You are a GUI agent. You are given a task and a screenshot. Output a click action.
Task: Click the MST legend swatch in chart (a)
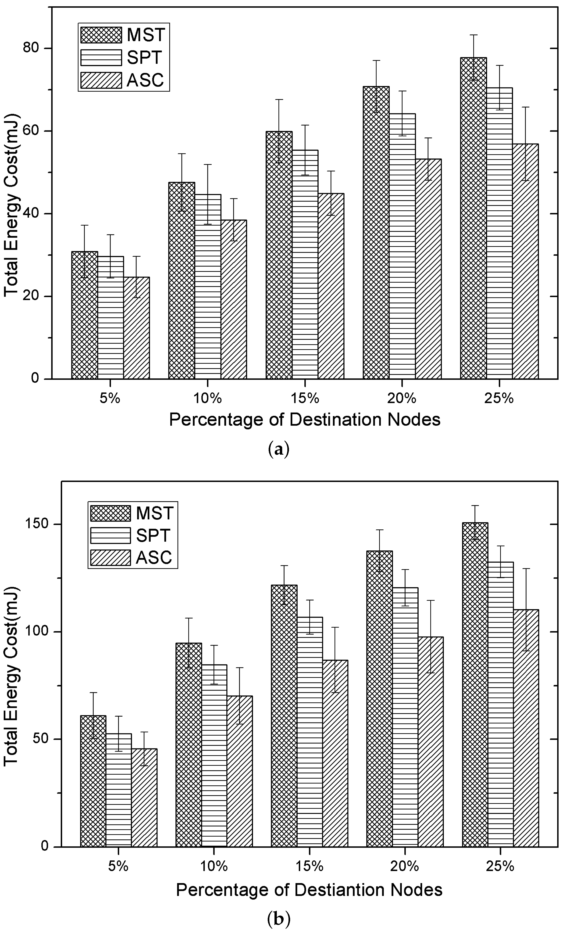[x=101, y=35]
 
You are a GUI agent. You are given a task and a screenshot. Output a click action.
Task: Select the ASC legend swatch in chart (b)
[x=111, y=557]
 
